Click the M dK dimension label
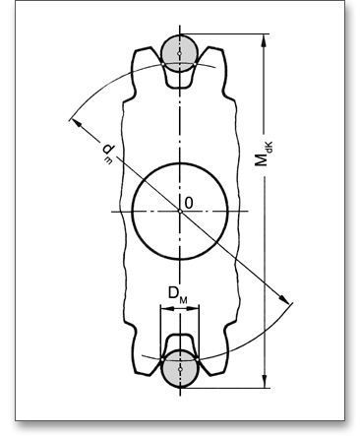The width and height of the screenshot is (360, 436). [264, 154]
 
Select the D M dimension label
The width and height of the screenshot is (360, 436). [178, 294]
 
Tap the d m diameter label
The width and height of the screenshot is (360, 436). [107, 153]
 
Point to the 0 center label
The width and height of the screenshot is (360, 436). [189, 203]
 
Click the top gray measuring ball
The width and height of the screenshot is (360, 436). [179, 53]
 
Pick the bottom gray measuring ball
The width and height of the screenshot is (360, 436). [180, 369]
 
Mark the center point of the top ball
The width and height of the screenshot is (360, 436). [179, 53]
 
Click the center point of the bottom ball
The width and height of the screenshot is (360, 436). [180, 369]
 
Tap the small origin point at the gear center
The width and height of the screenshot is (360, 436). [180, 212]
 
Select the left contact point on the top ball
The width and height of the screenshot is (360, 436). [163, 64]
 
